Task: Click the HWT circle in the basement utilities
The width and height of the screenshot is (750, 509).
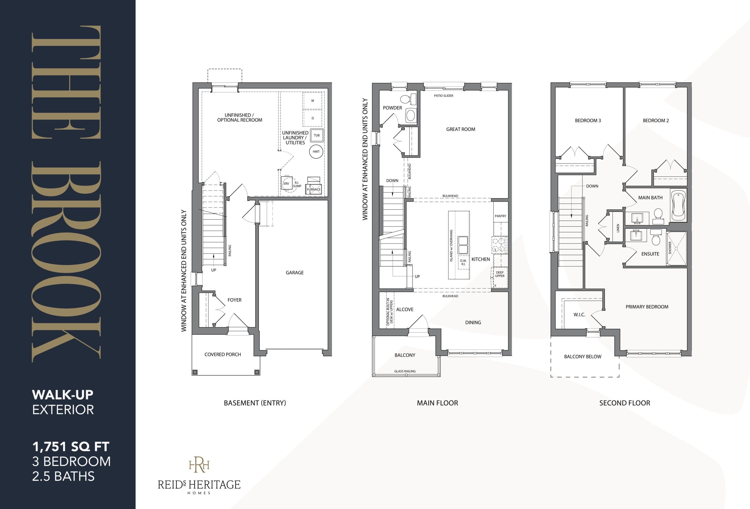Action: tap(316, 151)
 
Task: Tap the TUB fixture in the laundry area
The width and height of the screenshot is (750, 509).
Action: tap(317, 136)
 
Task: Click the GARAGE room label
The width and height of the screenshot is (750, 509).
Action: tap(294, 273)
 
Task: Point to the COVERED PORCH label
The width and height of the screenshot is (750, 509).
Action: tap(222, 354)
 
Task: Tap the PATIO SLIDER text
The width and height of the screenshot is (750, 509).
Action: tap(444, 96)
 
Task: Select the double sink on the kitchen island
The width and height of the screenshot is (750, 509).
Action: tap(463, 245)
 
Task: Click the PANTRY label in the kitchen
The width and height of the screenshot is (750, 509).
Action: tap(500, 216)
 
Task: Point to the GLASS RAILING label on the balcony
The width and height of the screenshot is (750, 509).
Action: tap(405, 371)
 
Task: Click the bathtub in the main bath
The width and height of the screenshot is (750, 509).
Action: tap(678, 205)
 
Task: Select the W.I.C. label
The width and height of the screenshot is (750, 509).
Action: tap(579, 315)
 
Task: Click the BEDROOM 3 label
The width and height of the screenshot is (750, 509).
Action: tap(588, 121)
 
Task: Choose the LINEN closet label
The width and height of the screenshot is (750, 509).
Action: tap(618, 228)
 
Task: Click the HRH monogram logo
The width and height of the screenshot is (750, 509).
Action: tap(199, 464)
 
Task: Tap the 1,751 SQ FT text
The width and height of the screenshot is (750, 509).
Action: tap(71, 447)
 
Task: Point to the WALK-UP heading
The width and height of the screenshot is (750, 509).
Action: tap(63, 394)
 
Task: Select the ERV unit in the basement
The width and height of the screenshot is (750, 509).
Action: tap(286, 183)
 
